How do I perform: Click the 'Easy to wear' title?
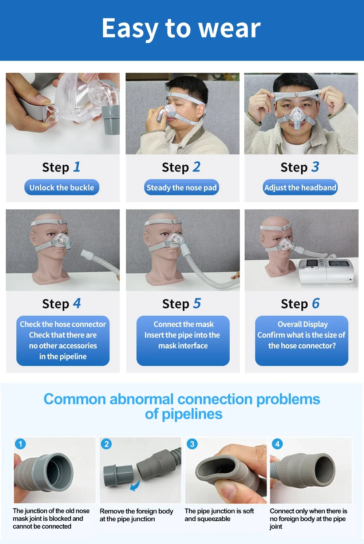point(181,29)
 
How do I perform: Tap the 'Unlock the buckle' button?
point(62,187)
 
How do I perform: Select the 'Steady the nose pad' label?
point(181,187)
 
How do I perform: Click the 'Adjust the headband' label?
point(300,187)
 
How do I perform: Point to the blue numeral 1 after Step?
point(77,167)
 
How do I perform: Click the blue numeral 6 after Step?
point(316,303)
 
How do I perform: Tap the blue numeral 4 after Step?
point(77,303)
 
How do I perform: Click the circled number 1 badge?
point(20,444)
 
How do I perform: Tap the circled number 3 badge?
point(192,444)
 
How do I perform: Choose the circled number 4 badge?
point(277,444)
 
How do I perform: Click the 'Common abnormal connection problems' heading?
point(182,399)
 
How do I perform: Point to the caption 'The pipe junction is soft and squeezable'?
point(219,515)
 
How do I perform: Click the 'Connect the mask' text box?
point(183,340)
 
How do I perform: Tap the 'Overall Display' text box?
point(302,340)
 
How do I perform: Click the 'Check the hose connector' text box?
point(63,340)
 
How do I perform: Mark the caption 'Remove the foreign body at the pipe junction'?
point(136,515)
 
